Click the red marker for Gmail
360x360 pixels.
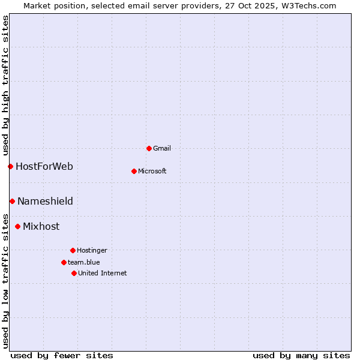(149, 148)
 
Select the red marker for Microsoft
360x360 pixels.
(134, 171)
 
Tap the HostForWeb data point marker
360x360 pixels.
(10, 166)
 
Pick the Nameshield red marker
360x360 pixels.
(12, 201)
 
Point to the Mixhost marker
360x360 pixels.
(17, 226)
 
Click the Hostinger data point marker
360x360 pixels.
(73, 250)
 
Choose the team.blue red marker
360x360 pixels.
(64, 262)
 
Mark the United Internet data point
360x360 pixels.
(74, 273)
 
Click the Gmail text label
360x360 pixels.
(162, 148)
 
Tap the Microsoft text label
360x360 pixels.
(152, 171)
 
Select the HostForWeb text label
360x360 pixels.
(44, 166)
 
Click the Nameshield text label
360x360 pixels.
(45, 201)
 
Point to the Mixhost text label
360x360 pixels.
(41, 226)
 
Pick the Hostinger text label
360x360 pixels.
(92, 250)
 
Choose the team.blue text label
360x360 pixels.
(84, 262)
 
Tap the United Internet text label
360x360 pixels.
(103, 273)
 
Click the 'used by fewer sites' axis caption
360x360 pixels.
(62, 355)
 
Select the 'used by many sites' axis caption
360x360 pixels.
(301, 355)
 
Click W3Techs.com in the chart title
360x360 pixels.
(307, 5)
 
